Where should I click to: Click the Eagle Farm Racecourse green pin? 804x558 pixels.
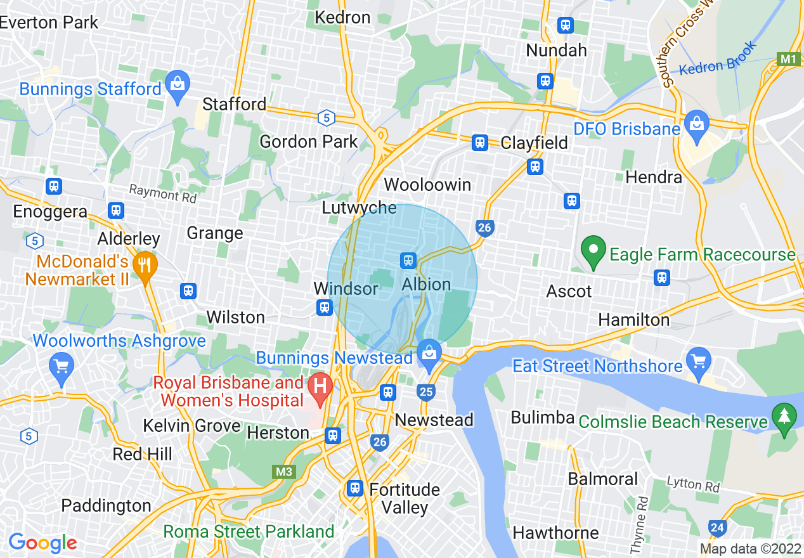tap(593, 252)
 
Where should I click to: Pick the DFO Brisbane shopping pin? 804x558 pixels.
tap(696, 124)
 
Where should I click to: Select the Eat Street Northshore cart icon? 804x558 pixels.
tap(698, 361)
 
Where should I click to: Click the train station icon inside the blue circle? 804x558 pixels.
tap(408, 260)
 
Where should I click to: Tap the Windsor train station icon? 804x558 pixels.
tap(325, 308)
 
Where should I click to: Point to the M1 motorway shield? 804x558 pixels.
tap(788, 59)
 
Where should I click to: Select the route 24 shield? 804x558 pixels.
tap(718, 527)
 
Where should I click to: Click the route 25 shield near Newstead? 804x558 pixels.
tap(426, 392)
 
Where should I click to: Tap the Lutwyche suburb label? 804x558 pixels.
tap(359, 208)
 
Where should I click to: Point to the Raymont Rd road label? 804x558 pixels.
tap(163, 193)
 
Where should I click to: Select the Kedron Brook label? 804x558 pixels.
tap(718, 59)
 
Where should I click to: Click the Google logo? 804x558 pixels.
tap(42, 543)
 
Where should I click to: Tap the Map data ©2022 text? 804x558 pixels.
tap(748, 548)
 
